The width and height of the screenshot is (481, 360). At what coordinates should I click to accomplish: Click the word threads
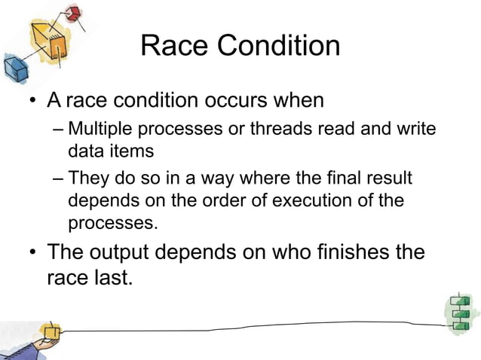click(x=281, y=129)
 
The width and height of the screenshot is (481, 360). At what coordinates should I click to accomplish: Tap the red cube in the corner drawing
click(x=73, y=12)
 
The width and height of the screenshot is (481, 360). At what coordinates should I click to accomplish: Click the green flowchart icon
click(x=459, y=312)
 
